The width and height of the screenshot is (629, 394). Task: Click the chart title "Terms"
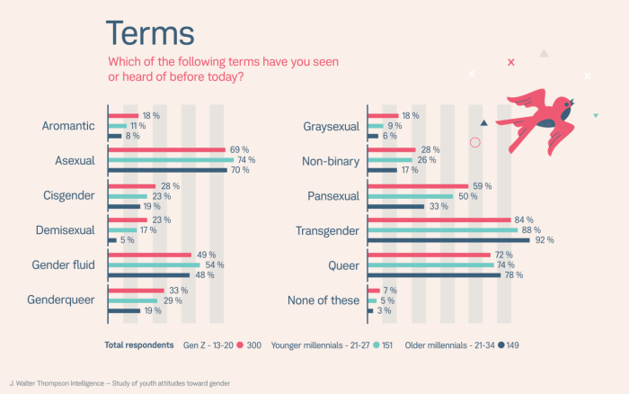[150, 32]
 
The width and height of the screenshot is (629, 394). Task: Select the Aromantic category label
[68, 126]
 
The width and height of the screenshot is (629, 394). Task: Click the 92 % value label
[545, 240]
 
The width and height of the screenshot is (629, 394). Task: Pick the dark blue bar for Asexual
[168, 170]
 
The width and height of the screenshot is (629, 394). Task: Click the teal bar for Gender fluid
[154, 264]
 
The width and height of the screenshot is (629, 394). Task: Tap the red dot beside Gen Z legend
[241, 345]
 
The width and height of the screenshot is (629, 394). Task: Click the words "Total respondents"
[138, 345]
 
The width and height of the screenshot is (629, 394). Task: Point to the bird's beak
[574, 100]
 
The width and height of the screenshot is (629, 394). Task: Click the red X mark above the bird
[511, 62]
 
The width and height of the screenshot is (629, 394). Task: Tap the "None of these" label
[323, 300]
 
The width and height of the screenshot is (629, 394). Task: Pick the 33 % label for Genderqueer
[178, 290]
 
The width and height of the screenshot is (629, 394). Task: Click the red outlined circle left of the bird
[475, 141]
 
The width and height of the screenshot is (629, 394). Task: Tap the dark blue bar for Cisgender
[123, 205]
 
